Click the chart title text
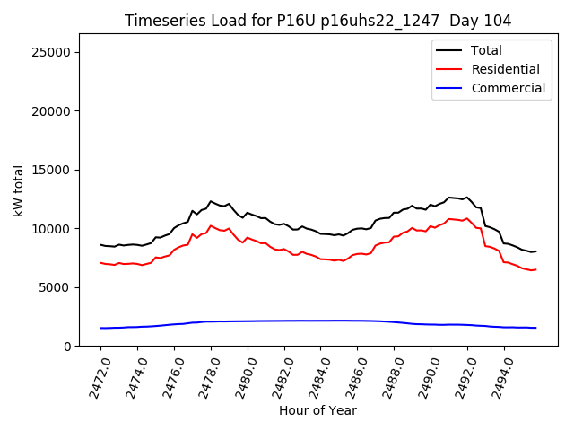tap(317, 21)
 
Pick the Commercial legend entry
tap(508, 88)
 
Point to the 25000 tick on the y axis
tap(52, 52)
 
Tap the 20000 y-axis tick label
tap(52, 111)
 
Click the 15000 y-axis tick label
tap(52, 170)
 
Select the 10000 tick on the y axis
tap(52, 229)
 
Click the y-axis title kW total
tap(18, 190)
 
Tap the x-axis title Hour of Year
tap(317, 410)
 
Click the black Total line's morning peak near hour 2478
tap(211, 201)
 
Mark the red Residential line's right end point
tap(535, 269)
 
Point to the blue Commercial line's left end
tap(100, 328)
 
